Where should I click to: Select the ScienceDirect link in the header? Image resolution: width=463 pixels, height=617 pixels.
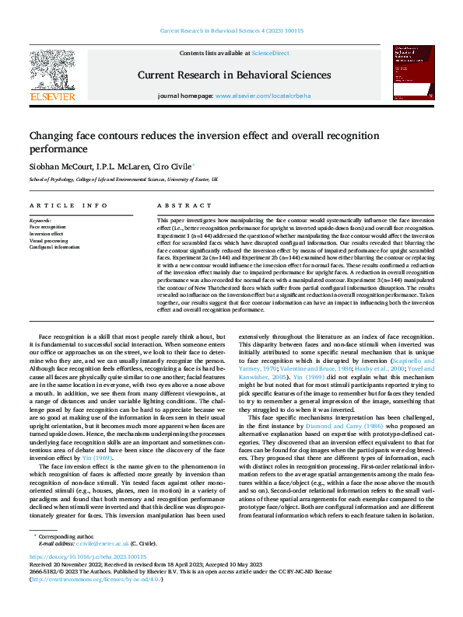pos(270,53)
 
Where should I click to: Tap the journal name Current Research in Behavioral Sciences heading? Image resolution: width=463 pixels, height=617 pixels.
pos(233,75)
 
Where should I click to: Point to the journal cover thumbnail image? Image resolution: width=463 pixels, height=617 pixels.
pos(413,72)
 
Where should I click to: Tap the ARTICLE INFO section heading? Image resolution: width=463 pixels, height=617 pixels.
pos(69,205)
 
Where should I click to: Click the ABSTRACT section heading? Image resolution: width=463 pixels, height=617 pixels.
pos(174,205)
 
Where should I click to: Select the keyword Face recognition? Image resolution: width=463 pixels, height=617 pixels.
pos(47,227)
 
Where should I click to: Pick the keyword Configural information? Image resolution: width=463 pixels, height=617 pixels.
pos(55,246)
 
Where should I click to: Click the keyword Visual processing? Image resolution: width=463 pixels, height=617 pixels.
pos(48,240)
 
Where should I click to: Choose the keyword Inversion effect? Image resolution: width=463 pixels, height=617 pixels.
pos(47,233)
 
